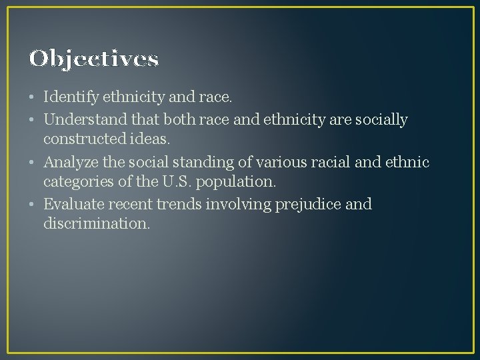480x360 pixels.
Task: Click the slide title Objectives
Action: [94, 59]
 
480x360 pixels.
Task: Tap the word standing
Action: [192, 162]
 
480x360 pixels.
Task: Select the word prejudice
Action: [308, 204]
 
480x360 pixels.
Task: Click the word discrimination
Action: [97, 224]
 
